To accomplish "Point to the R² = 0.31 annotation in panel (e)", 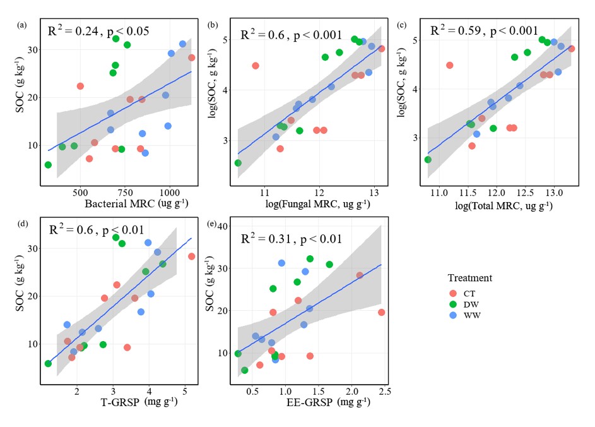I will [292, 239].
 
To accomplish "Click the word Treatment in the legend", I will [470, 278].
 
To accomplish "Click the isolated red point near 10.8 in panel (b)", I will [256, 66].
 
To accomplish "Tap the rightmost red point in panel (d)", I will [191, 256].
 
